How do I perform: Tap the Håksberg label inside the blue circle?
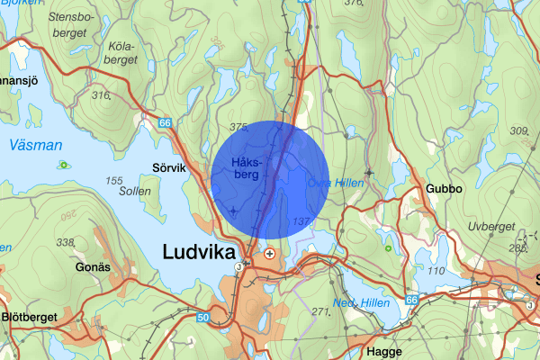(x=245, y=167)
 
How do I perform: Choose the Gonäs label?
(x=92, y=267)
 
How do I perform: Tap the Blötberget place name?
(x=34, y=318)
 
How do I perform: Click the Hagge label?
(x=385, y=351)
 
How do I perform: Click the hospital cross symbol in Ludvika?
(x=269, y=255)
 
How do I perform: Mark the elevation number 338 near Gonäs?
(x=64, y=242)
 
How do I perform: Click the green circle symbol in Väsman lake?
(x=64, y=165)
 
